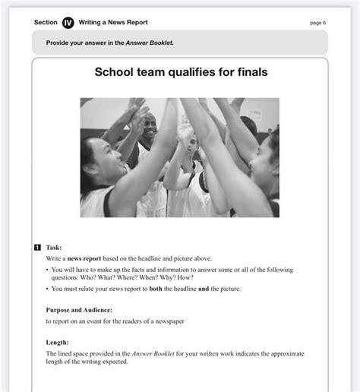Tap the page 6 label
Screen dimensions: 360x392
pyautogui.click(x=317, y=23)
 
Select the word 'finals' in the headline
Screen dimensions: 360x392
pyautogui.click(x=251, y=73)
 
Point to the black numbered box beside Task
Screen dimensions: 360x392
pyautogui.click(x=37, y=248)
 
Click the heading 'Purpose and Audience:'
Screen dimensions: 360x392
pyautogui.click(x=79, y=310)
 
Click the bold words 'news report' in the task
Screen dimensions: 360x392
pyautogui.click(x=87, y=258)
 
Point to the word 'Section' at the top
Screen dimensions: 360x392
pyautogui.click(x=46, y=23)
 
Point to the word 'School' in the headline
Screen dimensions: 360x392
pyautogui.click(x=115, y=73)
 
